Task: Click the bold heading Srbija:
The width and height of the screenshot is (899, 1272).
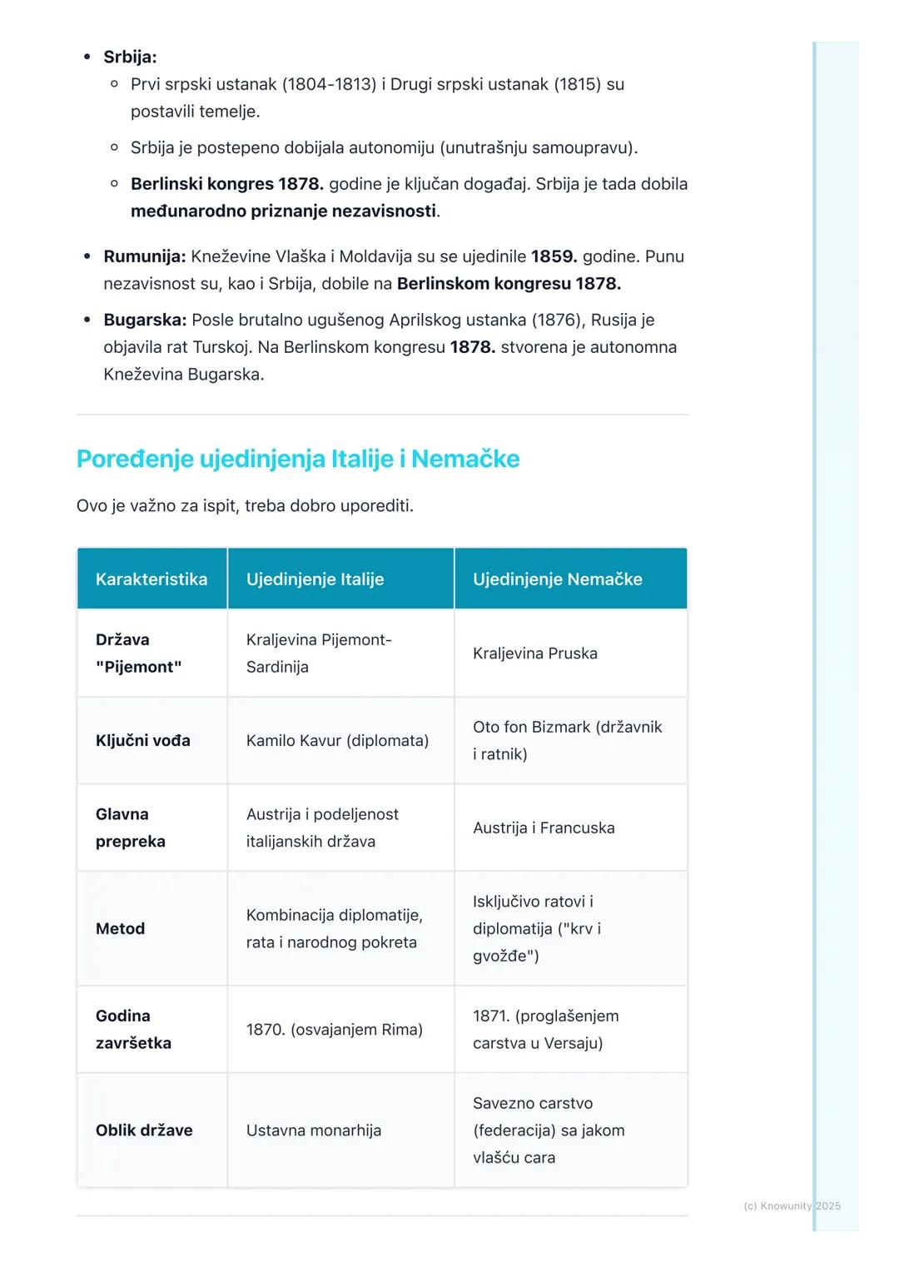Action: (x=130, y=57)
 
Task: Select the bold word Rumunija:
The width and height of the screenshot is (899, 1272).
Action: (x=144, y=256)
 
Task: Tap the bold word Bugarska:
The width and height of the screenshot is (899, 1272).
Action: (x=145, y=320)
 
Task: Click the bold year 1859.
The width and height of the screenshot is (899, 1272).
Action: (x=554, y=256)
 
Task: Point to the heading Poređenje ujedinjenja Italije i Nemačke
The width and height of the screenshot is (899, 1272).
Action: (x=297, y=459)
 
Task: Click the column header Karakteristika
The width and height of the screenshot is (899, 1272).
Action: (x=151, y=579)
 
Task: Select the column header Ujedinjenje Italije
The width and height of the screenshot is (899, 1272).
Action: (x=315, y=579)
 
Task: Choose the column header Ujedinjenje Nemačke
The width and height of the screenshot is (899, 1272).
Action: (x=557, y=579)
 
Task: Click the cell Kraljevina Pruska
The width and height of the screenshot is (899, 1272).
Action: (x=534, y=653)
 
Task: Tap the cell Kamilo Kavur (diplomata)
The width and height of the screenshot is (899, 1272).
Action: (x=337, y=741)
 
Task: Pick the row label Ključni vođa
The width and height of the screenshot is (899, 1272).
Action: (x=142, y=741)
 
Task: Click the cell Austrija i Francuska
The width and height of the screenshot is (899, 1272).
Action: (x=544, y=828)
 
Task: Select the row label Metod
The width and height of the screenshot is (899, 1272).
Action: (x=120, y=929)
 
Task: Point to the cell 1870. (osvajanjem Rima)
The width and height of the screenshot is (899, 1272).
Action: (x=334, y=1030)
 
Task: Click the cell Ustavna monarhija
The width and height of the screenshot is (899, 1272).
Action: (x=313, y=1130)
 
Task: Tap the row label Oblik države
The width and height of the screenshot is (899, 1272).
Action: (x=144, y=1130)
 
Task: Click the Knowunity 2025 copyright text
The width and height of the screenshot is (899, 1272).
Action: (x=792, y=1206)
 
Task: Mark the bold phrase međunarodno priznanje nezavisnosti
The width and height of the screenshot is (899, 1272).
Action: (x=283, y=211)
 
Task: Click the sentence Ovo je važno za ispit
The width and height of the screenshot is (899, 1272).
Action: (x=156, y=506)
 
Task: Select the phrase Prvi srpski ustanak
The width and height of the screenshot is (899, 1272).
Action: (x=203, y=84)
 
